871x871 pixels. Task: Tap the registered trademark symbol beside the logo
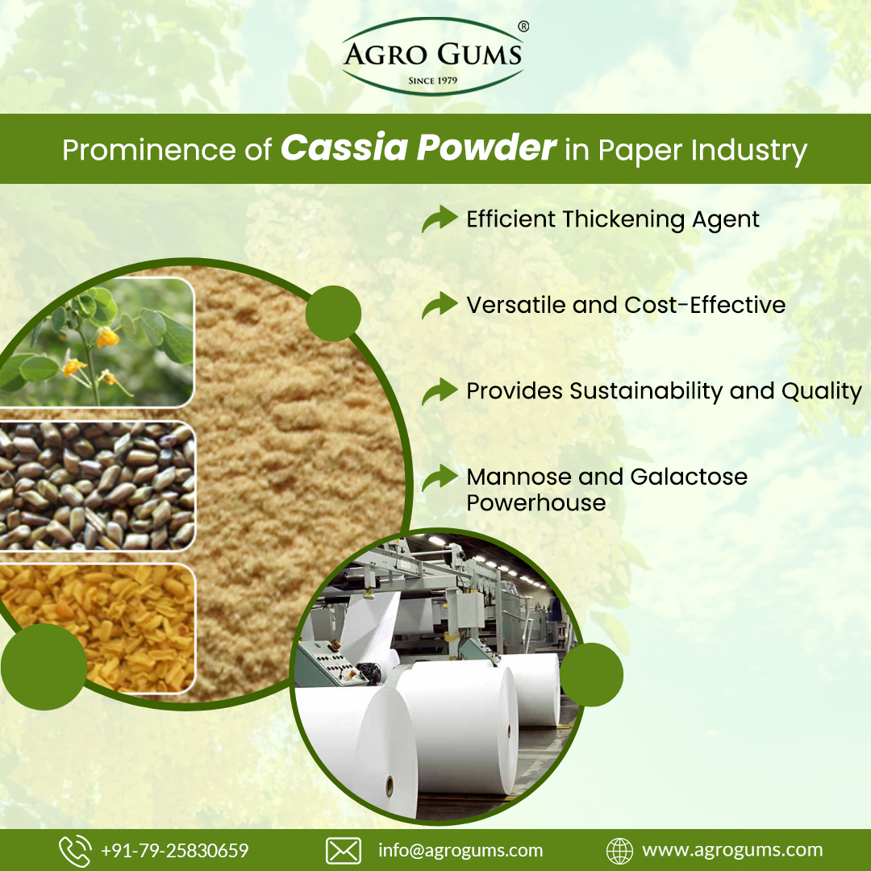click(523, 27)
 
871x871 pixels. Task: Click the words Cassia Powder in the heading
click(419, 150)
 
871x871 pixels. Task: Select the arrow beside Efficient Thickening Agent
click(439, 219)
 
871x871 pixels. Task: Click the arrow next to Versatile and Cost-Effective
click(439, 305)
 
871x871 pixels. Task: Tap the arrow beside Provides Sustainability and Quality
click(439, 391)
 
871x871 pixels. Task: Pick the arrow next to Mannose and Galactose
click(439, 477)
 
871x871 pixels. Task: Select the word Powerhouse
click(536, 503)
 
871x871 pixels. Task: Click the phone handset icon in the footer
click(75, 851)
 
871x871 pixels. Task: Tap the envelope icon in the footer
click(343, 851)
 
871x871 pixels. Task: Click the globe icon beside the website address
click(619, 851)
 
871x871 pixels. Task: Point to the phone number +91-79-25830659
click(175, 851)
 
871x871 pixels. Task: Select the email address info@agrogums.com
click(461, 851)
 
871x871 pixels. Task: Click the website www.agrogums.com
click(732, 851)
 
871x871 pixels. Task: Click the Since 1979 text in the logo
click(433, 81)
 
